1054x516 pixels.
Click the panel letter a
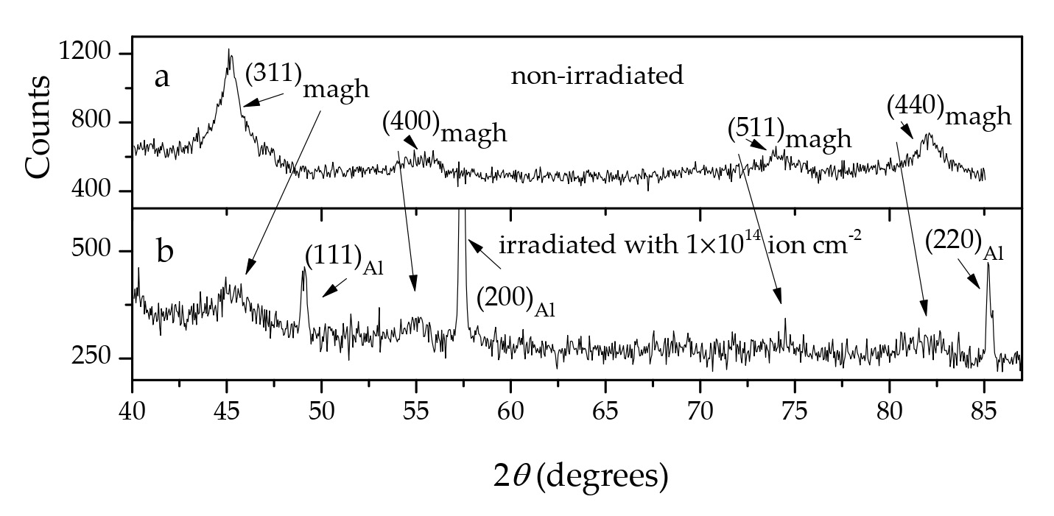[x=162, y=77]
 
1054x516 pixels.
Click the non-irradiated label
[x=597, y=75]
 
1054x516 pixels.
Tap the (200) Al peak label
[x=515, y=300]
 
